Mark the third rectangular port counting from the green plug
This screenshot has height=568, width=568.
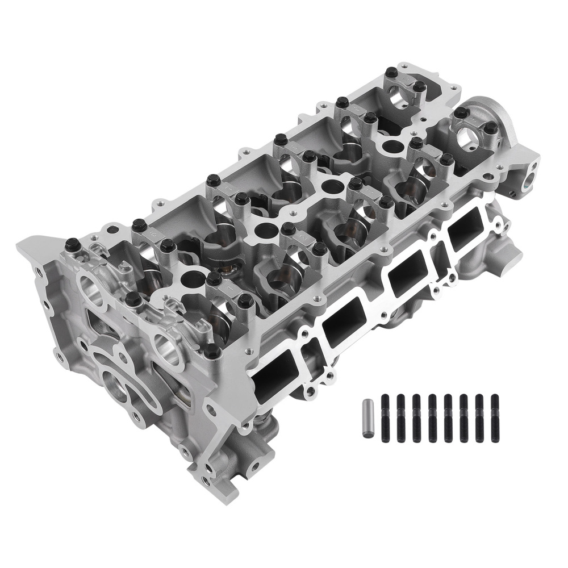click(x=345, y=322)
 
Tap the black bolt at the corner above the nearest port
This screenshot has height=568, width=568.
click(x=211, y=351)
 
